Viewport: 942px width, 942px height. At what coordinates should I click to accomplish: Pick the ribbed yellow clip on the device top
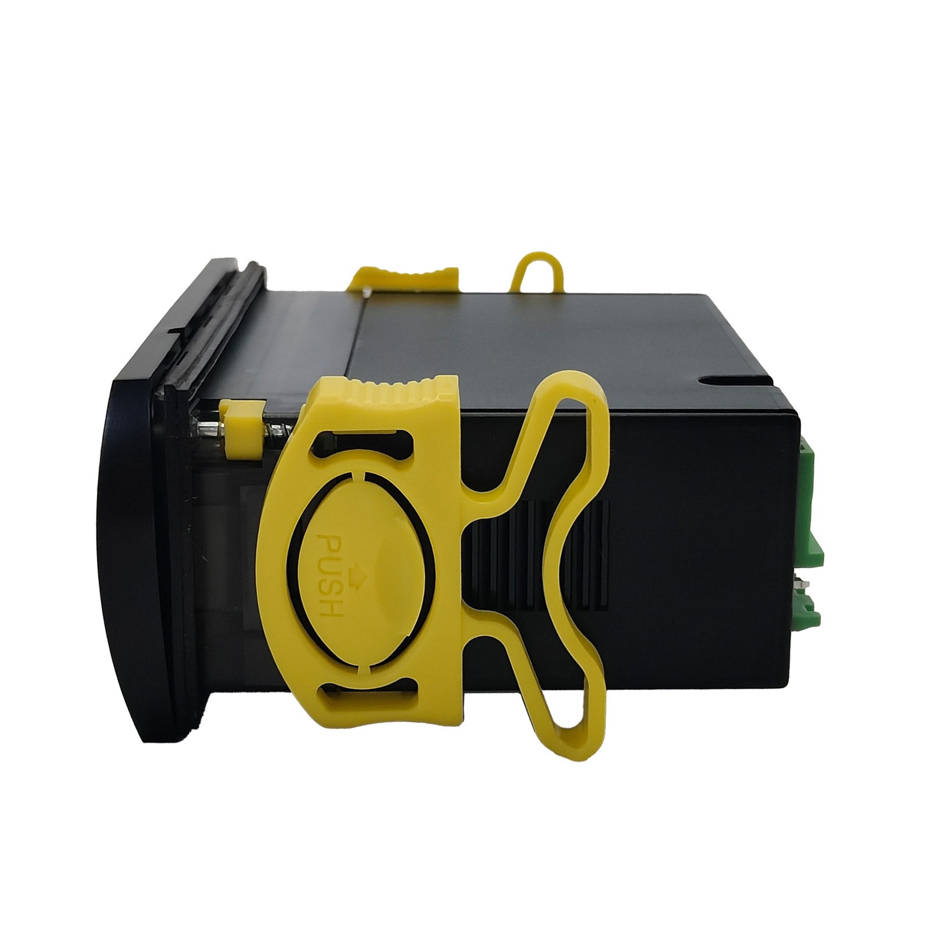[x=406, y=278]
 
